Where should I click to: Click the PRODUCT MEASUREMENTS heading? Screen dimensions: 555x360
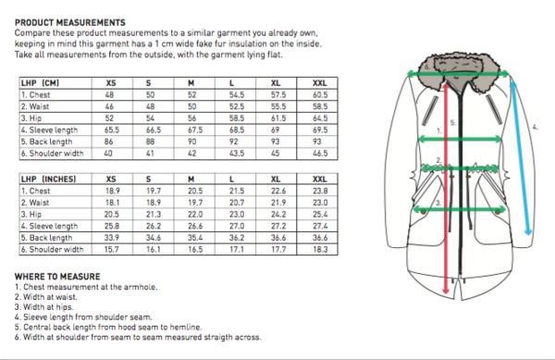click(70, 22)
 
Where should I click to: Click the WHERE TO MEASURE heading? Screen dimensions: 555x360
click(57, 277)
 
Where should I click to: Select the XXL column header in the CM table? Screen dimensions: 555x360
click(320, 83)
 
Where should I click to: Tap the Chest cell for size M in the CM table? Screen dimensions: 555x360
click(191, 95)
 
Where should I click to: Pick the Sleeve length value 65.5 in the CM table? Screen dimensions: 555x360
click(112, 130)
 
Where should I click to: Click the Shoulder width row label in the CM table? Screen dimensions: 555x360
click(52, 154)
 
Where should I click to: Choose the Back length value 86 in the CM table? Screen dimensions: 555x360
click(108, 142)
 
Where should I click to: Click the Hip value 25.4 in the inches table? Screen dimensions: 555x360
click(320, 214)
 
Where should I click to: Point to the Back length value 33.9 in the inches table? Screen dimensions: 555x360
click(112, 238)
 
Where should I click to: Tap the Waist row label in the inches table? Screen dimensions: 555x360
click(35, 203)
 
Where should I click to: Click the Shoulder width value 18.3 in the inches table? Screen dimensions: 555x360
click(320, 249)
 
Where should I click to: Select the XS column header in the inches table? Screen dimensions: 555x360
click(111, 180)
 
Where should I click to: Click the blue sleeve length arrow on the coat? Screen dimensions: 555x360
click(520, 158)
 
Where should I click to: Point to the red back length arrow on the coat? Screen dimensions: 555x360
click(446, 189)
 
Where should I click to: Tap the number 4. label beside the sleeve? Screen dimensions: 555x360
click(536, 127)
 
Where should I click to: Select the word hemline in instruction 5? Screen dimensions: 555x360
click(186, 327)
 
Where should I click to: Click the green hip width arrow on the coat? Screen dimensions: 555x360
click(460, 209)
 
